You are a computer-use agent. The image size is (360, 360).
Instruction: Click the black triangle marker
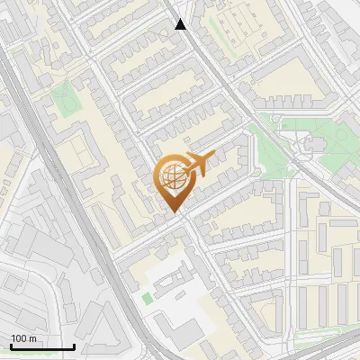(181, 24)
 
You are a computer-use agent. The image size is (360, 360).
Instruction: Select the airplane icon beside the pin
(197, 164)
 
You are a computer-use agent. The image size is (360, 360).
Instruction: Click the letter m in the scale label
(32, 338)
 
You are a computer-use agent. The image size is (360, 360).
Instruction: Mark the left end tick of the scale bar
(11, 346)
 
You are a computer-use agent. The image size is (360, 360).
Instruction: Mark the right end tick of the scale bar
(74, 346)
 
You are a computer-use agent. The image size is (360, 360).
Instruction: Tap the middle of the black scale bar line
(42, 347)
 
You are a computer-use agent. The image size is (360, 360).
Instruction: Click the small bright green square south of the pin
(147, 298)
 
